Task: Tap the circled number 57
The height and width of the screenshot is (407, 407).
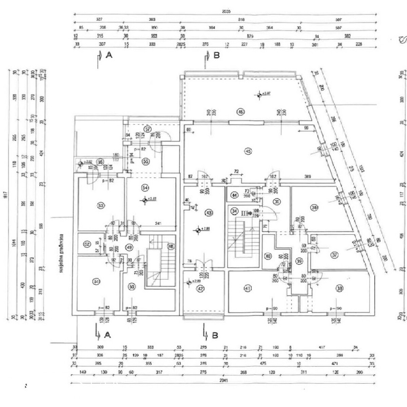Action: [x=148, y=129]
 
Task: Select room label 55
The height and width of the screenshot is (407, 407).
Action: [x=146, y=161]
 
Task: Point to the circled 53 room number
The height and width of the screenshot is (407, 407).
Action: [x=100, y=206]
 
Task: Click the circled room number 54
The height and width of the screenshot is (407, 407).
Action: [x=145, y=188]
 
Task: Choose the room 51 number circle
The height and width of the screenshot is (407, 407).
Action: [x=96, y=281]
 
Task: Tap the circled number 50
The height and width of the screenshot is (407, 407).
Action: [x=132, y=287]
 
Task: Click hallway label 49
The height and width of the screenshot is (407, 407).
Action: [x=129, y=247]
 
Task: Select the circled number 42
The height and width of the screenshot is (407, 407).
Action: [x=201, y=289]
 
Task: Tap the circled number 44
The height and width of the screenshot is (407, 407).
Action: [x=234, y=195]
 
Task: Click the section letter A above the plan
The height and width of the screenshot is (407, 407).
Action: [x=109, y=55]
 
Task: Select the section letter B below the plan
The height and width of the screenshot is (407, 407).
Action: [x=215, y=335]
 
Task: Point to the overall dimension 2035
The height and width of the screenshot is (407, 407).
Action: [x=226, y=11]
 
